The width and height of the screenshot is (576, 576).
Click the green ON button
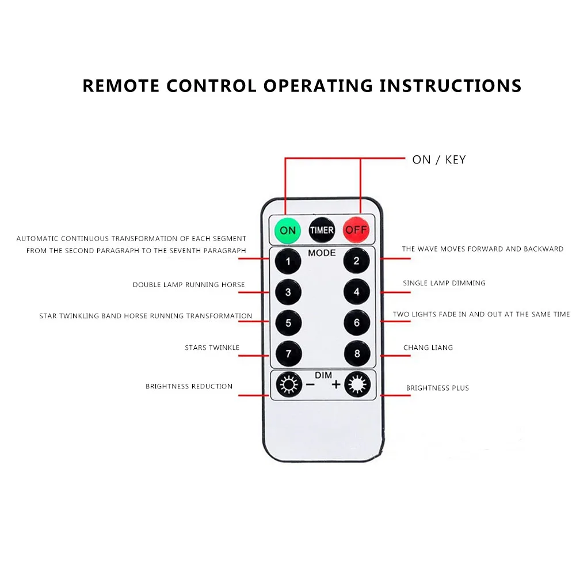287,231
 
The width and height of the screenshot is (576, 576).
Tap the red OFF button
356,231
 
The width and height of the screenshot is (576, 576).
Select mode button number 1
288,261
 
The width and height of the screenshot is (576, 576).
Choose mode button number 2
357,261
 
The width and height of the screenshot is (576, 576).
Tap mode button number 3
288,292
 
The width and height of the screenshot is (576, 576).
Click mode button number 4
357,292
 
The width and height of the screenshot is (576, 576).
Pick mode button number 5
288,323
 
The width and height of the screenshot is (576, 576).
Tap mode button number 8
357,353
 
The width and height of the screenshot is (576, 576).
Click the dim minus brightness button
288,384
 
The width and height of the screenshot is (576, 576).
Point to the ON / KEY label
438,160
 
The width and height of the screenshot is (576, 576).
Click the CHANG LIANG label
428,348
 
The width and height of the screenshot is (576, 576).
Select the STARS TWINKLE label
212,348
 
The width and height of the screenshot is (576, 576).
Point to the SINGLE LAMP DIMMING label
444,283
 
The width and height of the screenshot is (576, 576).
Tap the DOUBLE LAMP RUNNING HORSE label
189,285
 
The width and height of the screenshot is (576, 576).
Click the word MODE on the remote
322,253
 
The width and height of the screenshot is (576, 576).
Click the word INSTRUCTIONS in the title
450,86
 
